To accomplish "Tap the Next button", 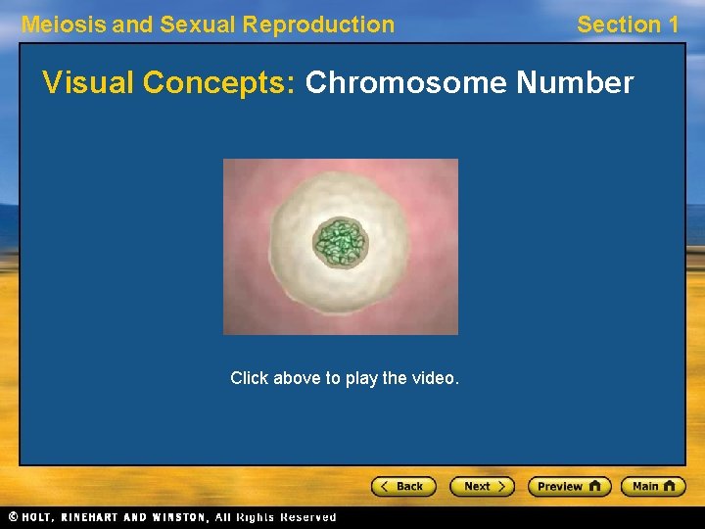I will tap(482, 486).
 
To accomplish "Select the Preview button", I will tap(569, 486).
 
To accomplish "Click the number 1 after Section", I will tap(672, 24).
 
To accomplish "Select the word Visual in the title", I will tap(88, 84).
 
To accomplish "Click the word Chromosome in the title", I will tap(405, 84).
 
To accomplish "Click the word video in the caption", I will tap(436, 378).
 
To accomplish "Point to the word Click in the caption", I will tap(249, 378).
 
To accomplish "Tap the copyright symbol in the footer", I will tap(13, 517).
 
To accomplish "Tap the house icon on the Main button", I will tap(671, 486).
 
